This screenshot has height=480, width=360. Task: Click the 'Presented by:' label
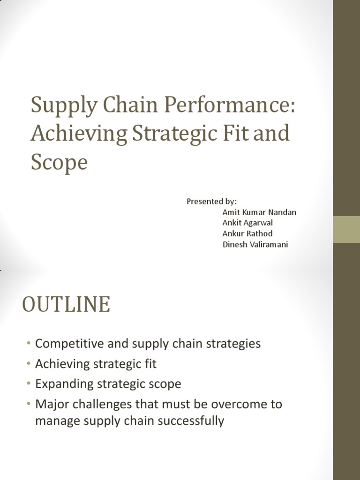212,202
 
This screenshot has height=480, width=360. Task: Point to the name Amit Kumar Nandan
259,212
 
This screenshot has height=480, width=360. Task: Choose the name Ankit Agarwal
247,223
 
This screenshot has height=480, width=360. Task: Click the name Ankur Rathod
247,233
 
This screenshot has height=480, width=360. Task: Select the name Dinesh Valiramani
255,244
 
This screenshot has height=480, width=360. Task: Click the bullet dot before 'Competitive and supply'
30,344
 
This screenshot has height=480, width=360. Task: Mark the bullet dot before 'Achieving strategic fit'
30,364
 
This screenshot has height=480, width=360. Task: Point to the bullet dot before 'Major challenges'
30,404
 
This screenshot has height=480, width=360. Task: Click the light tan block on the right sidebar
346,229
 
